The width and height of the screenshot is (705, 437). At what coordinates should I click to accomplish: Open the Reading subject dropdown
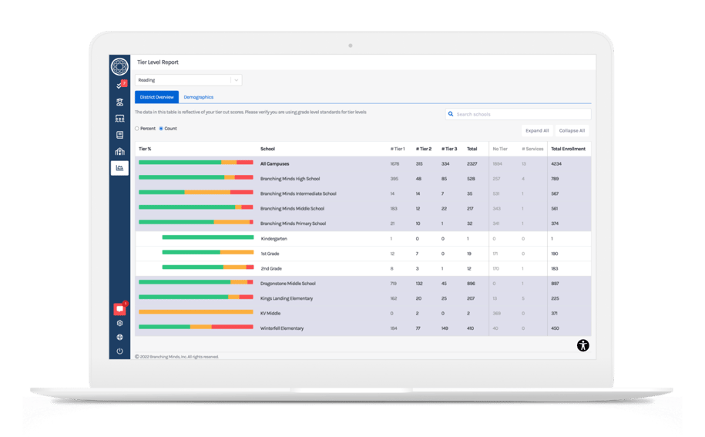[189, 79]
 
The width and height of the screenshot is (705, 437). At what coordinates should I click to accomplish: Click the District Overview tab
[156, 97]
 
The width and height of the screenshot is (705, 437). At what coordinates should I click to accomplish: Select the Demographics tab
[198, 97]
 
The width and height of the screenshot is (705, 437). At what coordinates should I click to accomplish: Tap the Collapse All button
[572, 131]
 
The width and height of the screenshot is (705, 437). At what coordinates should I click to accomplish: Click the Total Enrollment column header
[568, 149]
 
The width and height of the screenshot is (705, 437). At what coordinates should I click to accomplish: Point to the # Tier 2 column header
[424, 149]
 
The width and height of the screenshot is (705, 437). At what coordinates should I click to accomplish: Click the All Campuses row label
[276, 163]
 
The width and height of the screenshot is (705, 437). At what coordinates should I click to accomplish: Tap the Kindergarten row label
[274, 239]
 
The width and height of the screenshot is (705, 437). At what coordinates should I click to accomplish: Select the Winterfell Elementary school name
[282, 328]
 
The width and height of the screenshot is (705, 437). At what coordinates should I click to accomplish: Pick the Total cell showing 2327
[472, 163]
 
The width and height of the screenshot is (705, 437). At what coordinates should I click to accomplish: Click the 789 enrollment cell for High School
[555, 179]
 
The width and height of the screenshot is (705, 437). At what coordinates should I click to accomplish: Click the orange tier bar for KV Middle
[196, 312]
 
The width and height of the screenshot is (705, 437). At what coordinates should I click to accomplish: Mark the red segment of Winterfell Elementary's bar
[232, 327]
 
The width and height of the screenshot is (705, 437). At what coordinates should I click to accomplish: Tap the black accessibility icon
[583, 345]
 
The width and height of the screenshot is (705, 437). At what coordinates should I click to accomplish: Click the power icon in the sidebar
[119, 351]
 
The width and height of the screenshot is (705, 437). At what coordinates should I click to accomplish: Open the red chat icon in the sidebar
[119, 309]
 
